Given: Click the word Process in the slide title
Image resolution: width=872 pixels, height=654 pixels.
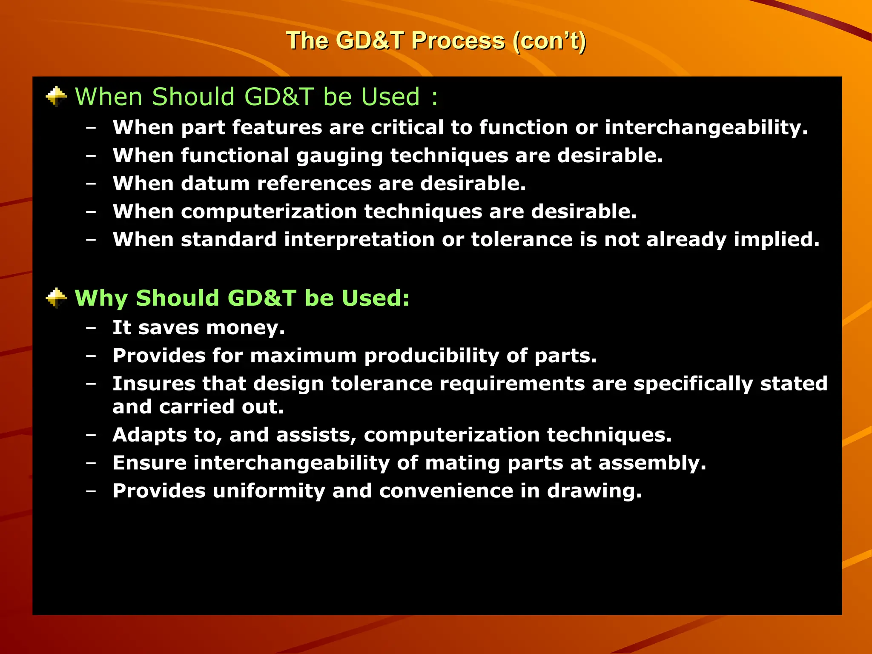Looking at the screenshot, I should pyautogui.click(x=458, y=41).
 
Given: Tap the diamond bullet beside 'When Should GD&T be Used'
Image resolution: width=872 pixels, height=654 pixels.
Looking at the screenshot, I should pyautogui.click(x=56, y=97).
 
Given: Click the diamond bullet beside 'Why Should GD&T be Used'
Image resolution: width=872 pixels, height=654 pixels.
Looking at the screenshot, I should pyautogui.click(x=56, y=298).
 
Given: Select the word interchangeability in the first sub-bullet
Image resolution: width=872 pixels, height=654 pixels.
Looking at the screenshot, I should pyautogui.click(x=706, y=128).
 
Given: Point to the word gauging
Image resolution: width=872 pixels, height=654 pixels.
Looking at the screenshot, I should pyautogui.click(x=339, y=156).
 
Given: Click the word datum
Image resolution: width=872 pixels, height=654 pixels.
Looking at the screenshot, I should pyautogui.click(x=215, y=184).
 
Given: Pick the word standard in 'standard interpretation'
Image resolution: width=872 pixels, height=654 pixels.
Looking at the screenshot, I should pyautogui.click(x=229, y=240).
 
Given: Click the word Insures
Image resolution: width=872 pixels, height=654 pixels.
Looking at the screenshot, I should pyautogui.click(x=153, y=384).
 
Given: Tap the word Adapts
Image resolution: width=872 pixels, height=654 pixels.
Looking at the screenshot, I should pyautogui.click(x=149, y=435).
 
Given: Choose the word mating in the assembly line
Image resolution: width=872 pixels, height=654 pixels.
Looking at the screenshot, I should pyautogui.click(x=462, y=463).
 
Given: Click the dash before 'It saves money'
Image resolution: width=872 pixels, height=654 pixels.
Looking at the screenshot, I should pyautogui.click(x=91, y=328).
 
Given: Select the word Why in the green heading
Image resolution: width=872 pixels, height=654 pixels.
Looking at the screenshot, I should pyautogui.click(x=101, y=298).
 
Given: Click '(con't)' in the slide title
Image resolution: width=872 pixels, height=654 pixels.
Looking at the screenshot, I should pyautogui.click(x=549, y=41).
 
